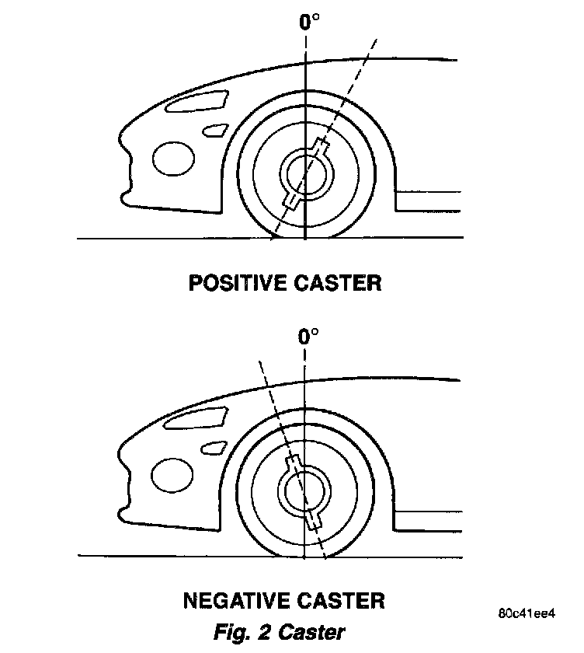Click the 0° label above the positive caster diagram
click(x=308, y=20)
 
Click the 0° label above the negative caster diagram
click(x=308, y=337)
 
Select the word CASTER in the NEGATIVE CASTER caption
click(x=339, y=601)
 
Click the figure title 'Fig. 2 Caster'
click(x=279, y=632)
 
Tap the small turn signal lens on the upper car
click(x=215, y=129)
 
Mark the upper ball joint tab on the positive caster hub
click(x=321, y=145)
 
